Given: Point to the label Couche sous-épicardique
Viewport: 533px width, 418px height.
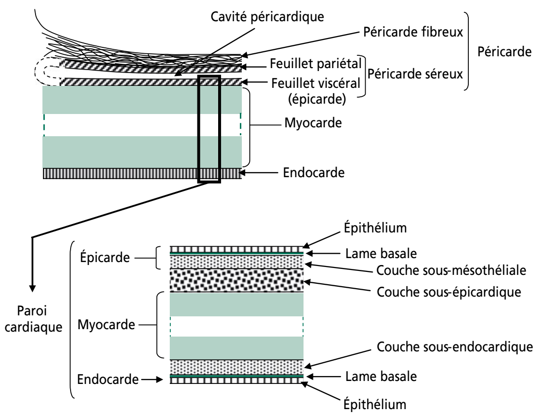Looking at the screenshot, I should point(449,291).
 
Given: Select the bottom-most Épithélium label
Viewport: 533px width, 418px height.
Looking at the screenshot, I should point(375,405).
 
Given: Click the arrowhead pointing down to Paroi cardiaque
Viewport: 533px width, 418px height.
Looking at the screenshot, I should point(32,285).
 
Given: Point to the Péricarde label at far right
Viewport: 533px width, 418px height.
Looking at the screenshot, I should point(503,51).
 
